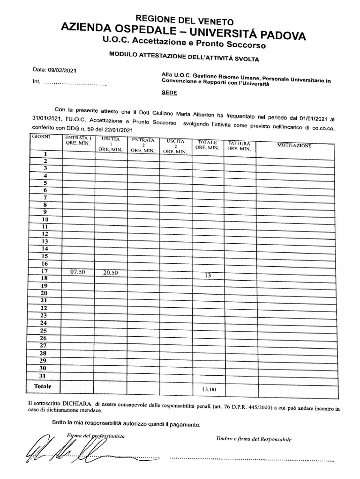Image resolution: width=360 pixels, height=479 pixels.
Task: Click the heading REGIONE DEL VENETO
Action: (184, 20)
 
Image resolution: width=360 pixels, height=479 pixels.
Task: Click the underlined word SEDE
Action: (169, 93)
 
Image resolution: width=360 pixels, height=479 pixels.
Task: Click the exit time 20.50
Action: (111, 273)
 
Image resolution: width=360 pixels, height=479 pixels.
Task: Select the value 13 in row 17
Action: (207, 276)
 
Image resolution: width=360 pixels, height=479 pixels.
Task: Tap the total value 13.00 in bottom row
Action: (209, 389)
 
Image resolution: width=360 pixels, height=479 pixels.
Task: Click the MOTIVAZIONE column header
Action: (294, 146)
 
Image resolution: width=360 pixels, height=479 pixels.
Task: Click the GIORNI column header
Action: (41, 136)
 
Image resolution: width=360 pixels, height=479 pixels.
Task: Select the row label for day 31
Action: (43, 376)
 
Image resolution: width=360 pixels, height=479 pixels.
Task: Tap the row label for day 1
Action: (45, 153)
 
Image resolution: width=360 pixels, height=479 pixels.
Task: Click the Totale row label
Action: (43, 386)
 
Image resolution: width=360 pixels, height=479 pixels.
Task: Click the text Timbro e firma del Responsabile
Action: (254, 439)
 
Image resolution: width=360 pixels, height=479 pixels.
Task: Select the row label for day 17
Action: (45, 271)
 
